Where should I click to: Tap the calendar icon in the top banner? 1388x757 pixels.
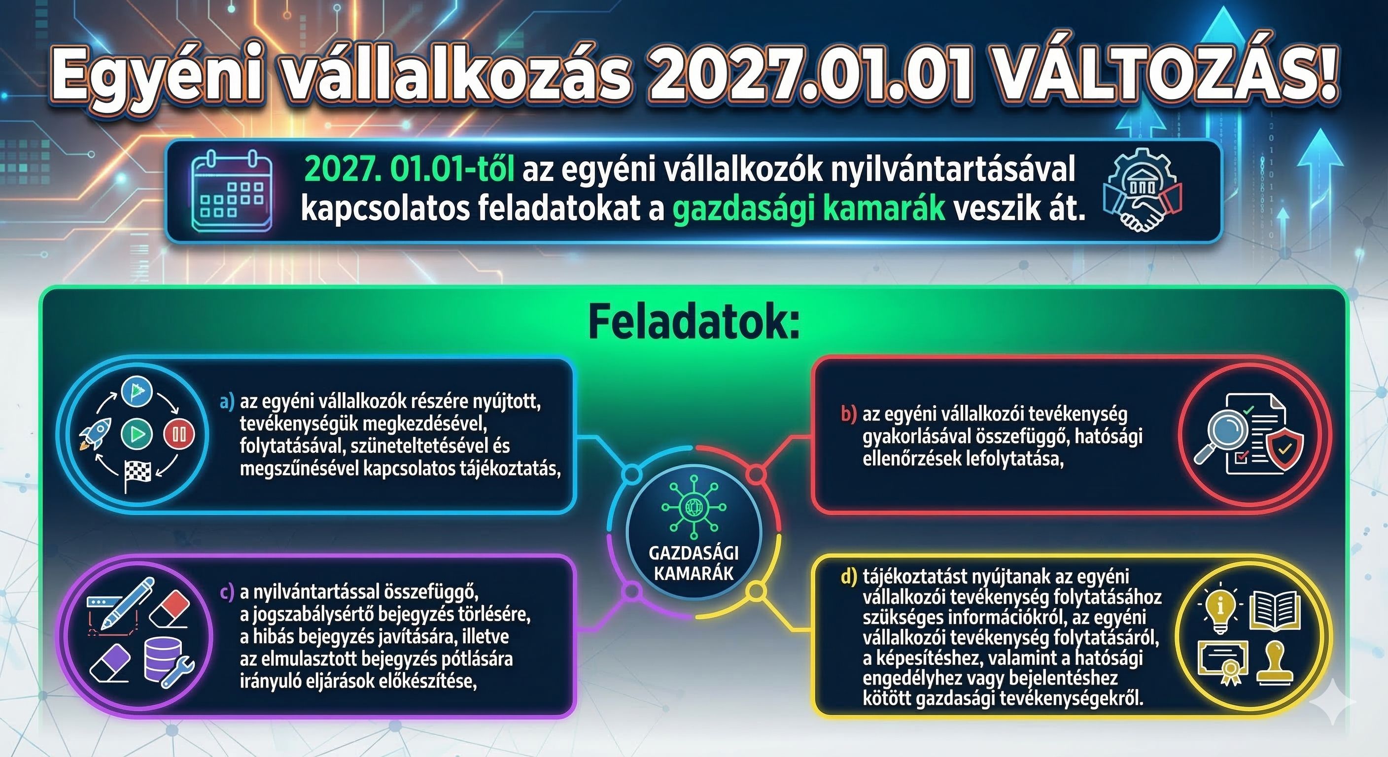point(232,191)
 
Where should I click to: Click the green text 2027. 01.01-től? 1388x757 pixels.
point(409,170)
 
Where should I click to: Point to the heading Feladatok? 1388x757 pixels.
point(694,323)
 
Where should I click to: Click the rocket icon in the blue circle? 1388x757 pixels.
point(96,434)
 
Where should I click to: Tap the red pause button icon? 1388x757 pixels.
point(179,434)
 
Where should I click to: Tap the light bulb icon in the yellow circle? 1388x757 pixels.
point(1219,612)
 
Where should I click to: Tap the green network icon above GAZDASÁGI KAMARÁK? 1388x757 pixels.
point(694,507)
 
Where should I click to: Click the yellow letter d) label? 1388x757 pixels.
point(848,577)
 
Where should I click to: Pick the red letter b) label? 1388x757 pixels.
point(848,414)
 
